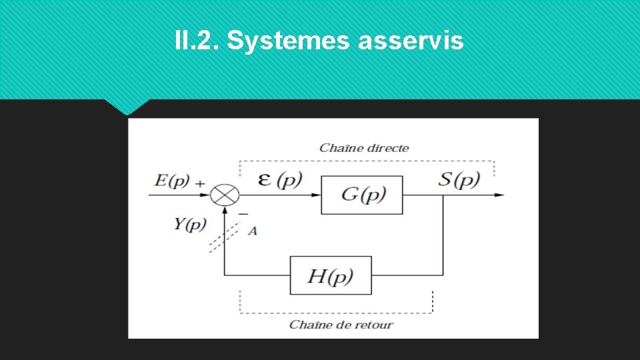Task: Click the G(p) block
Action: pos(362,195)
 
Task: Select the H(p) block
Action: pos(331,275)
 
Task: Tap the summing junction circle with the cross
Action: pos(225,195)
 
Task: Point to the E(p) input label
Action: pos(172,180)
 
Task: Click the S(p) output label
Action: pos(459,179)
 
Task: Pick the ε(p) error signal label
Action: pos(280,179)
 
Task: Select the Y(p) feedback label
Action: pos(190,224)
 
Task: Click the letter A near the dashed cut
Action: pos(253,231)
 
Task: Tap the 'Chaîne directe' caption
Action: pos(364,147)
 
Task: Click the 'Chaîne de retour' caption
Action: pos(341,325)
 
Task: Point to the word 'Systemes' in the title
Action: pos(288,41)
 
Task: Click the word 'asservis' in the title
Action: pos(411,41)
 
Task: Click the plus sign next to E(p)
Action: pos(201,182)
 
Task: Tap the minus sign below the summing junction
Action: pos(243,213)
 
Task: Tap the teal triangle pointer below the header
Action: pos(127,106)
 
